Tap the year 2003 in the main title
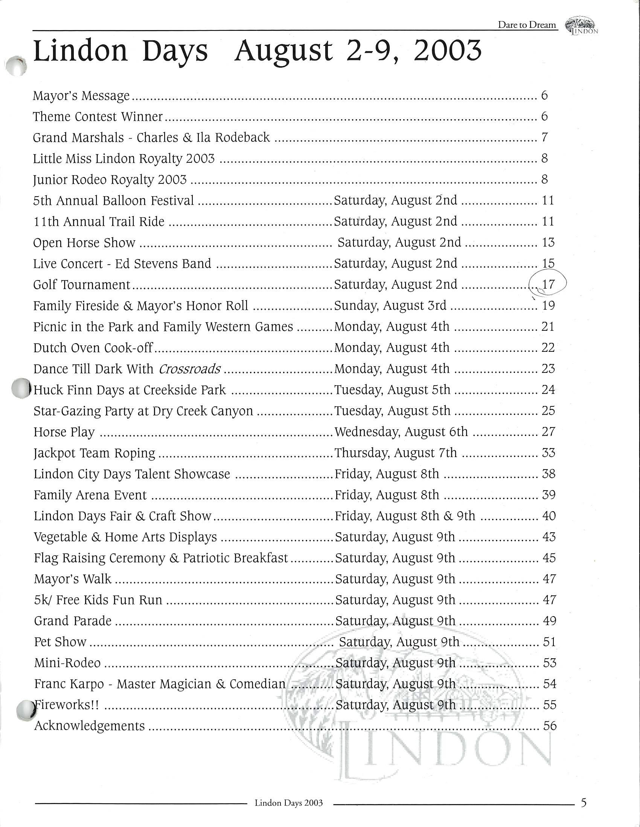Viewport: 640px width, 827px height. [447, 51]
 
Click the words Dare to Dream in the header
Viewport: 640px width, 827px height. [527, 25]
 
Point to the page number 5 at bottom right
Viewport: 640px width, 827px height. [584, 803]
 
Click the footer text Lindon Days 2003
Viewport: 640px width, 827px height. [288, 803]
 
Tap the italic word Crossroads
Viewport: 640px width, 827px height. [190, 369]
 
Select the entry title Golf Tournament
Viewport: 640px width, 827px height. [82, 285]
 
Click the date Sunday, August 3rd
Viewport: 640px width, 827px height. [390, 306]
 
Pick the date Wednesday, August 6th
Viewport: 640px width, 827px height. [401, 432]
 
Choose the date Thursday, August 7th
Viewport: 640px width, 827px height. [395, 453]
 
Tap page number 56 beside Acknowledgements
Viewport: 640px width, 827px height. [549, 726]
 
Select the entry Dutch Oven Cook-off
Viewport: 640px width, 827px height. [93, 348]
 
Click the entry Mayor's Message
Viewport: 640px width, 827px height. [81, 95]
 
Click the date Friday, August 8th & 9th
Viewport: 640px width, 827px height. [405, 516]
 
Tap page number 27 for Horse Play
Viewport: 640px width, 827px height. [549, 432]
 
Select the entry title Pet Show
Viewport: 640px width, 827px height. [60, 642]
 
